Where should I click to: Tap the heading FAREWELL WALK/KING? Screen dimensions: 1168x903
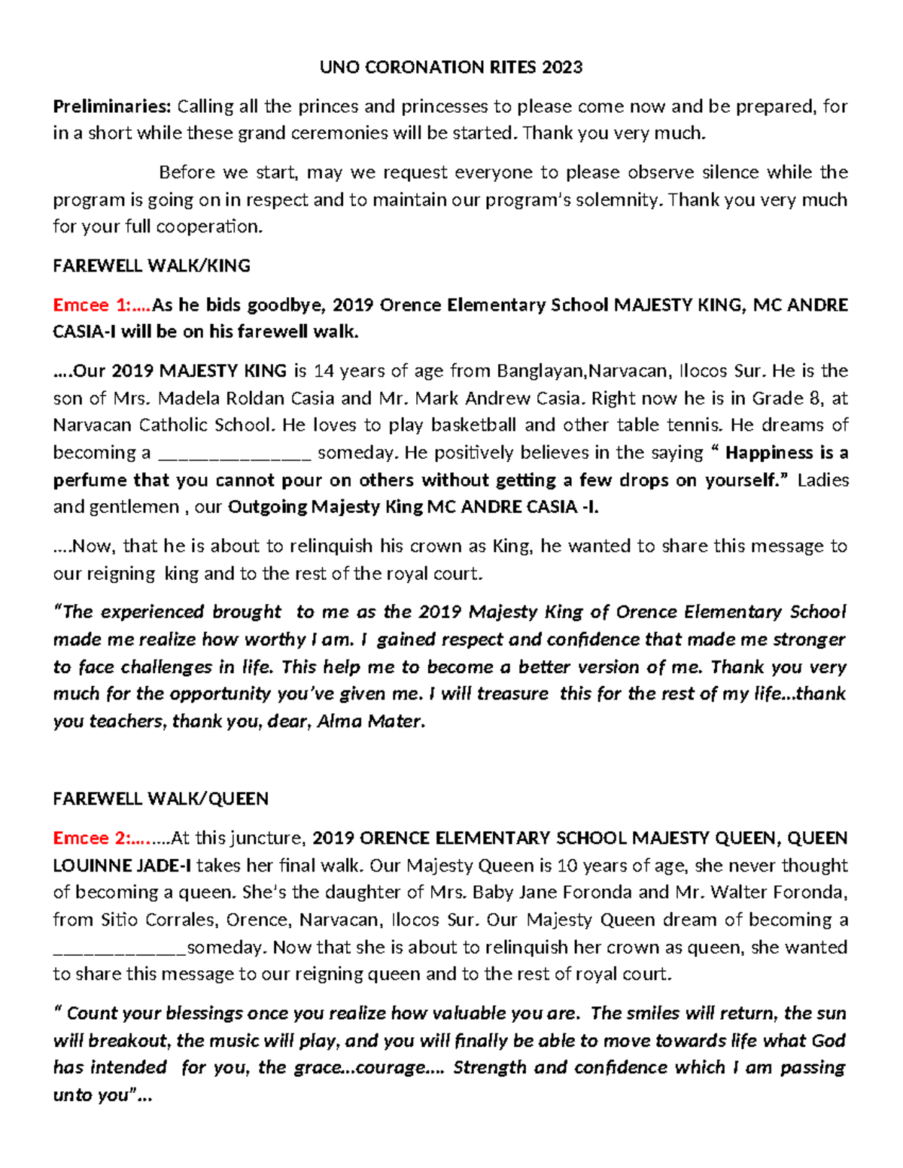coord(151,265)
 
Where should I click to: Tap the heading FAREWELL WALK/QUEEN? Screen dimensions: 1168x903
coord(160,799)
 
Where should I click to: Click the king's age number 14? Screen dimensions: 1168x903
coord(323,371)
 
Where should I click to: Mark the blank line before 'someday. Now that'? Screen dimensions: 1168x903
coord(120,948)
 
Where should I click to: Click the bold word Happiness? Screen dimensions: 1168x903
coord(769,453)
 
